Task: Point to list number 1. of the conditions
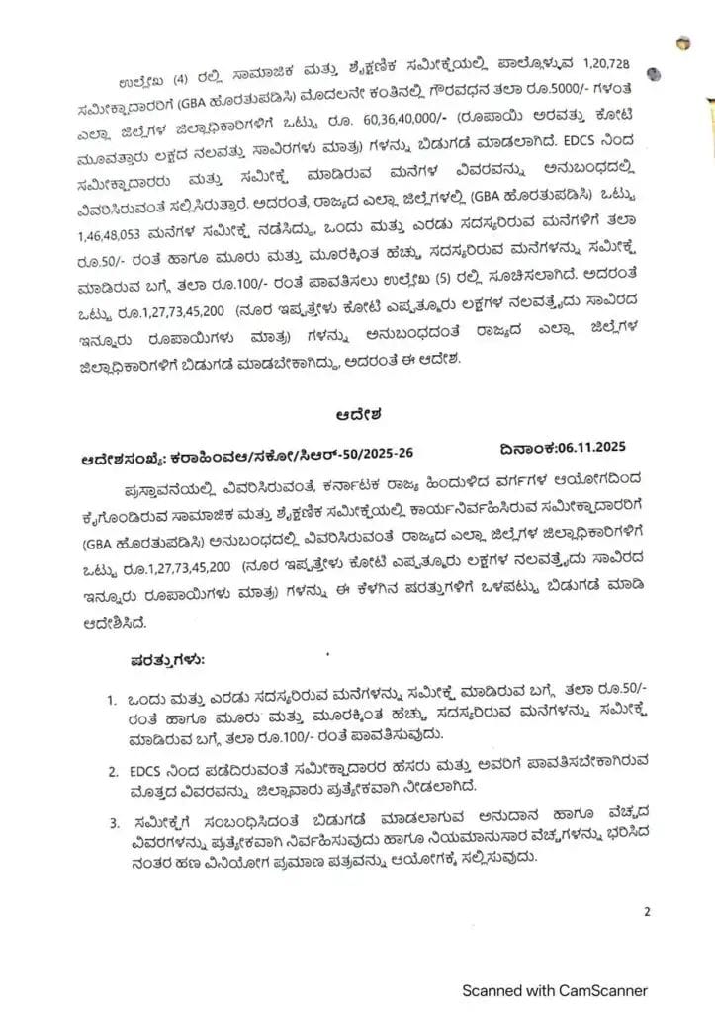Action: click(x=113, y=700)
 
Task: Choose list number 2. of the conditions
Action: click(x=113, y=769)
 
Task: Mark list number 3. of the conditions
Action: click(x=113, y=820)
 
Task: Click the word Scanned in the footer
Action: click(x=498, y=989)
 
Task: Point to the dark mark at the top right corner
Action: click(x=684, y=42)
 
